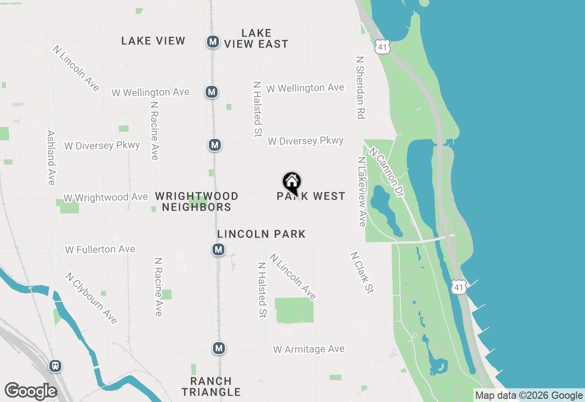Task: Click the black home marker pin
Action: tap(292, 183)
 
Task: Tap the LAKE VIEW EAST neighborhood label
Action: tap(256, 39)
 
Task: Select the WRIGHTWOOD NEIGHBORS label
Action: tap(197, 201)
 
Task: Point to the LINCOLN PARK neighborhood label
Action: tap(261, 234)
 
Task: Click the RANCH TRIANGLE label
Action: tap(211, 386)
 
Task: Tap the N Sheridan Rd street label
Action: tap(360, 88)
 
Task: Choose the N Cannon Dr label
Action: tap(387, 172)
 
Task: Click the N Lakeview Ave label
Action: tap(362, 192)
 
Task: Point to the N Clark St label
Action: tap(362, 273)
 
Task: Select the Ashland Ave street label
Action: tap(51, 158)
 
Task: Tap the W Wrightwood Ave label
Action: tap(106, 197)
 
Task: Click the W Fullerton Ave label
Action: tap(100, 249)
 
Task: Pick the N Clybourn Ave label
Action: tap(91, 298)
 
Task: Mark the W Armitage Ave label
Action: tap(309, 349)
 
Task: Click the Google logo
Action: tap(31, 391)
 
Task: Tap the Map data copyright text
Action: tap(529, 396)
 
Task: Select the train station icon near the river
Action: tap(55, 366)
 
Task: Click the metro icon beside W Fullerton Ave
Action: tap(218, 249)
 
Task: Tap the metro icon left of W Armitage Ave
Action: tap(219, 349)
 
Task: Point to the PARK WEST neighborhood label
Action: tap(311, 196)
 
